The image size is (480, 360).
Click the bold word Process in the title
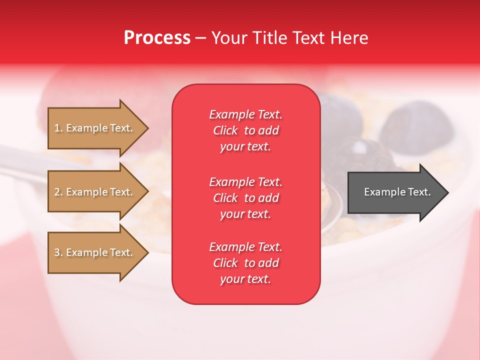[157, 38]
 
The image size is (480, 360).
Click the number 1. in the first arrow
[58, 128]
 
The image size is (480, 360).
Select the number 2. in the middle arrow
[58, 192]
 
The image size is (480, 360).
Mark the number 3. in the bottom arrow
[58, 252]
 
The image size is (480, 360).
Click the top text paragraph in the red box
[245, 130]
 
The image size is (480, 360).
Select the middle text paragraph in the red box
[245, 198]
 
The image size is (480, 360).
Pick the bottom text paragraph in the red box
[245, 263]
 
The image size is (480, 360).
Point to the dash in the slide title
[200, 38]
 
